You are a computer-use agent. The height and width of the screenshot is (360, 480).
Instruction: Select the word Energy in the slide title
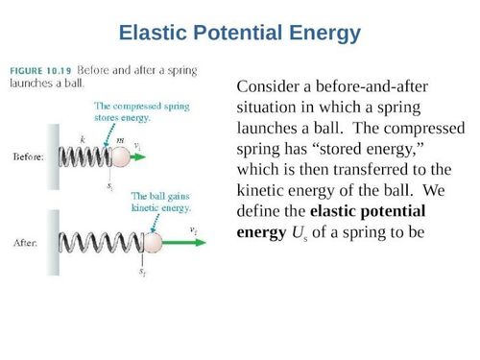click(321, 34)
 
